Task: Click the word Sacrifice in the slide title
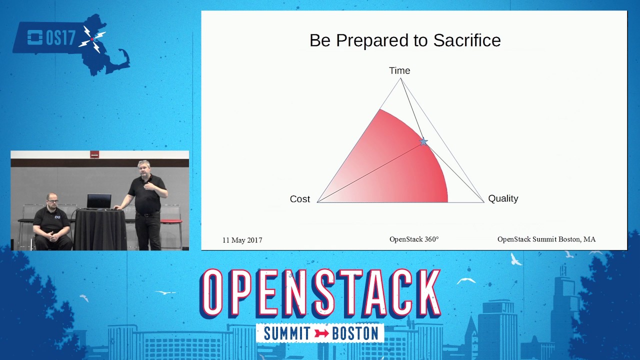[x=466, y=40]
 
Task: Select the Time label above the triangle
[x=399, y=71]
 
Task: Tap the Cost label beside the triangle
[x=300, y=199]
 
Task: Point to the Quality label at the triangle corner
[x=503, y=198]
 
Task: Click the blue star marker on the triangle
[x=423, y=142]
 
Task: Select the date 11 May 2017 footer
[x=242, y=240]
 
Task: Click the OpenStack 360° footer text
[x=414, y=239]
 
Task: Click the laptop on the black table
[x=99, y=201]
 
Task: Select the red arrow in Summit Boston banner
[x=321, y=333]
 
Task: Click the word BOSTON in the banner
[x=355, y=333]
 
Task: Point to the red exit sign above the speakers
[x=94, y=154]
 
